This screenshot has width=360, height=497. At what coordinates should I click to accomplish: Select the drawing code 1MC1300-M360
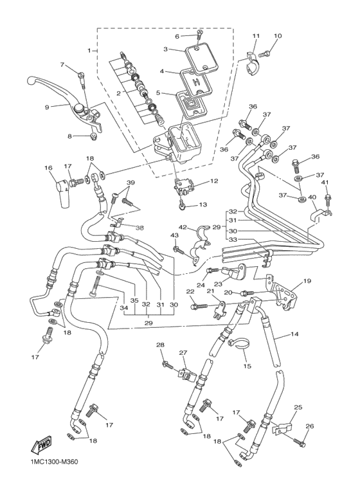[59, 480]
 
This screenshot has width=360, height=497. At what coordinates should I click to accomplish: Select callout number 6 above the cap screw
[177, 36]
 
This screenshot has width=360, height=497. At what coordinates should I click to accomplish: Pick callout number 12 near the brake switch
[213, 181]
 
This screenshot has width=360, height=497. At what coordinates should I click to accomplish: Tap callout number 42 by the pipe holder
[182, 228]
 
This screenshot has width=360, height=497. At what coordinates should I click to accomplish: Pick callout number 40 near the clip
[312, 197]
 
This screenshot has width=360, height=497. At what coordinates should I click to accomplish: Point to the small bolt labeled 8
[93, 137]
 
